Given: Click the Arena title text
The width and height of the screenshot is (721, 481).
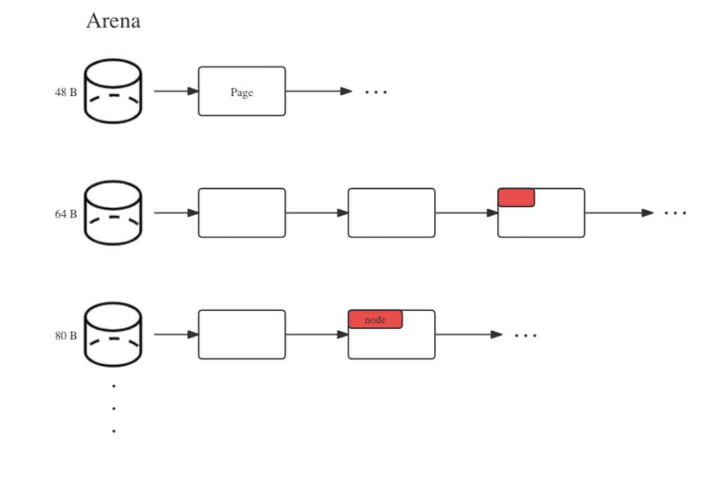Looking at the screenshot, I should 113,21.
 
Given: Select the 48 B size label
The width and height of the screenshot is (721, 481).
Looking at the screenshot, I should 65,93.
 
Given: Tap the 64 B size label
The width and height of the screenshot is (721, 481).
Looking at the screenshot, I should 65,214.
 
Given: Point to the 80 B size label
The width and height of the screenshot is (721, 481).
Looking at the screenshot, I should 65,336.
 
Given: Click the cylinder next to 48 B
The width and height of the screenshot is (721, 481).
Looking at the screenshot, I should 113,91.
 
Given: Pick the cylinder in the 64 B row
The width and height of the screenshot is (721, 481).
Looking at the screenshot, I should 113,213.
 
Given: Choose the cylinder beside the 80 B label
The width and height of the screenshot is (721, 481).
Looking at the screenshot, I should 113,334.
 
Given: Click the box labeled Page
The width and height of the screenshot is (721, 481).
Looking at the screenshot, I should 242,91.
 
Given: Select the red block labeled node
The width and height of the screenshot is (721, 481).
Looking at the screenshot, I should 375,320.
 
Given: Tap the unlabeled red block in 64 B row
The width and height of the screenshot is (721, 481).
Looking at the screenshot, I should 516,197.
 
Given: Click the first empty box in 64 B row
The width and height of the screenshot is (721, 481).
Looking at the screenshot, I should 242,213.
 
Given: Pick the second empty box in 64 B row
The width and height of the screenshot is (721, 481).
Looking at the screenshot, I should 391,213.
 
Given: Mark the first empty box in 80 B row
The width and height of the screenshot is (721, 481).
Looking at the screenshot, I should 242,334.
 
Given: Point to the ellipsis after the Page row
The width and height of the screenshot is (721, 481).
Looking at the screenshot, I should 376,92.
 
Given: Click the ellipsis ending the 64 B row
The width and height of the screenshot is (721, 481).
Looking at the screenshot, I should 675,213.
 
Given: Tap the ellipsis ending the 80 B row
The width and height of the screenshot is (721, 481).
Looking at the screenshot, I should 525,335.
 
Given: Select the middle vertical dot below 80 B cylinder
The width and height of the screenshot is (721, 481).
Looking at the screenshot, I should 114,408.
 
